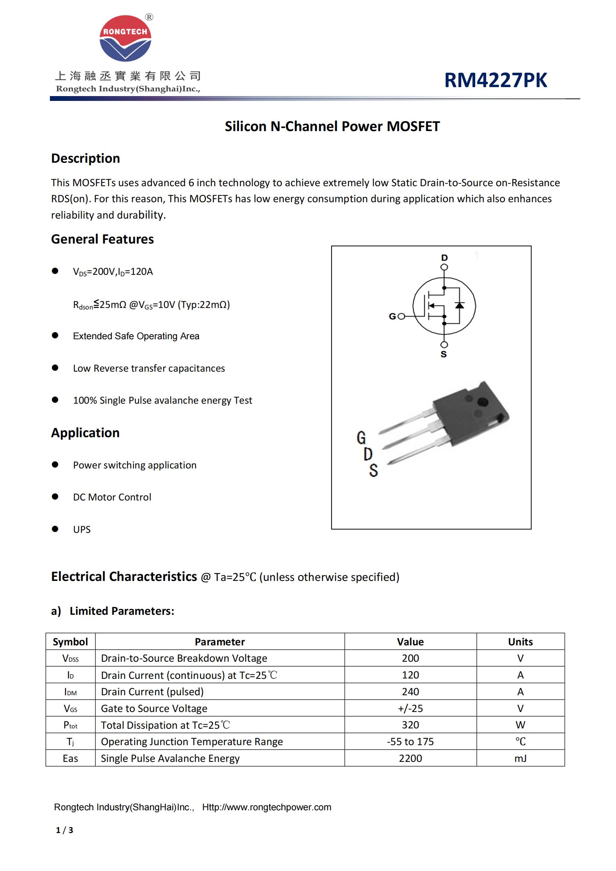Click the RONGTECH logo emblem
pos(125,38)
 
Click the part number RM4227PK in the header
pos(495,80)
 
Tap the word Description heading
pos(85,158)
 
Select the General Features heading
pos(102,239)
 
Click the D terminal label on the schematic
pos(444,258)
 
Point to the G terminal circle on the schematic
pos(401,316)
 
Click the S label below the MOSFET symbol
pos(444,354)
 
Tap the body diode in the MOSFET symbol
pos(459,305)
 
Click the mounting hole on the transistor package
pos(483,402)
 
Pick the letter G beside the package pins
pos(361,438)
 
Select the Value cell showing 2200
pos(410,758)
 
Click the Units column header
pos(520,642)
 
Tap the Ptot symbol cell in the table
pos(70,725)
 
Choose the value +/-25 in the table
pos(410,708)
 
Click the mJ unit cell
pos(520,758)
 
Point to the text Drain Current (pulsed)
pos(152,692)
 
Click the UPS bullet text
pos(82,529)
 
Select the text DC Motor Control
pos(112,497)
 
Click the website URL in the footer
pos(266,807)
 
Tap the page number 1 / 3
pos(64,830)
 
